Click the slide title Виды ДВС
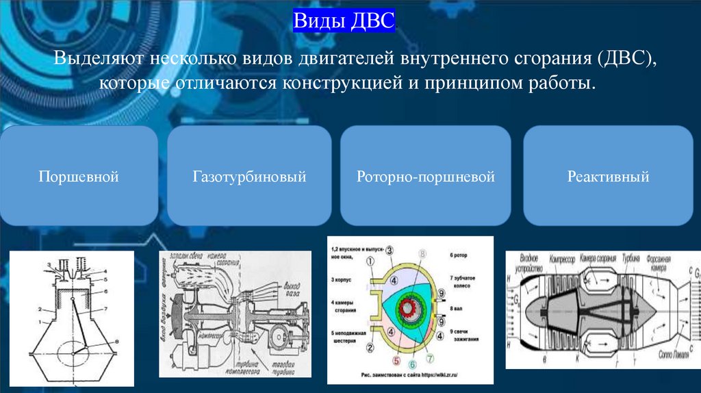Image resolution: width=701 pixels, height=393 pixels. (344, 19)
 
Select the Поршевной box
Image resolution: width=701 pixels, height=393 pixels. (79, 177)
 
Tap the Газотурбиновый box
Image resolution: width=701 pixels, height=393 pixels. (249, 177)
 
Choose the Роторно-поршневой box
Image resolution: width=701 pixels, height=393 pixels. (425, 177)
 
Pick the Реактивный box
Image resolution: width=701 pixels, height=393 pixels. (608, 177)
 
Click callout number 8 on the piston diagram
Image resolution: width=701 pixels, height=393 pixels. (117, 340)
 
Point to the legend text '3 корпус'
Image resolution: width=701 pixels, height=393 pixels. (345, 279)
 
